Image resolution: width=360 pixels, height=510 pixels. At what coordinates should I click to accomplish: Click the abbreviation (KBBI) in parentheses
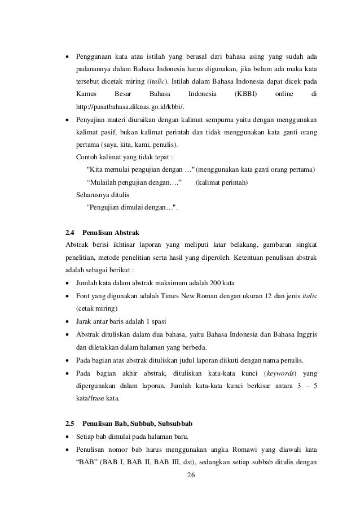246,94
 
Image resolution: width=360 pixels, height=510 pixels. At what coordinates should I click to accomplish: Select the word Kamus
86,94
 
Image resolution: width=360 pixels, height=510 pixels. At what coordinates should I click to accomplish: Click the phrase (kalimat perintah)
222,182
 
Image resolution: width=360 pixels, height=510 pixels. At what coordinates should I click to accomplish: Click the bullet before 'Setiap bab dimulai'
68,437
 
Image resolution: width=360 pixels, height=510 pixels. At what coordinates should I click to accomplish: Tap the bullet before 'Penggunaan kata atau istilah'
68,57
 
